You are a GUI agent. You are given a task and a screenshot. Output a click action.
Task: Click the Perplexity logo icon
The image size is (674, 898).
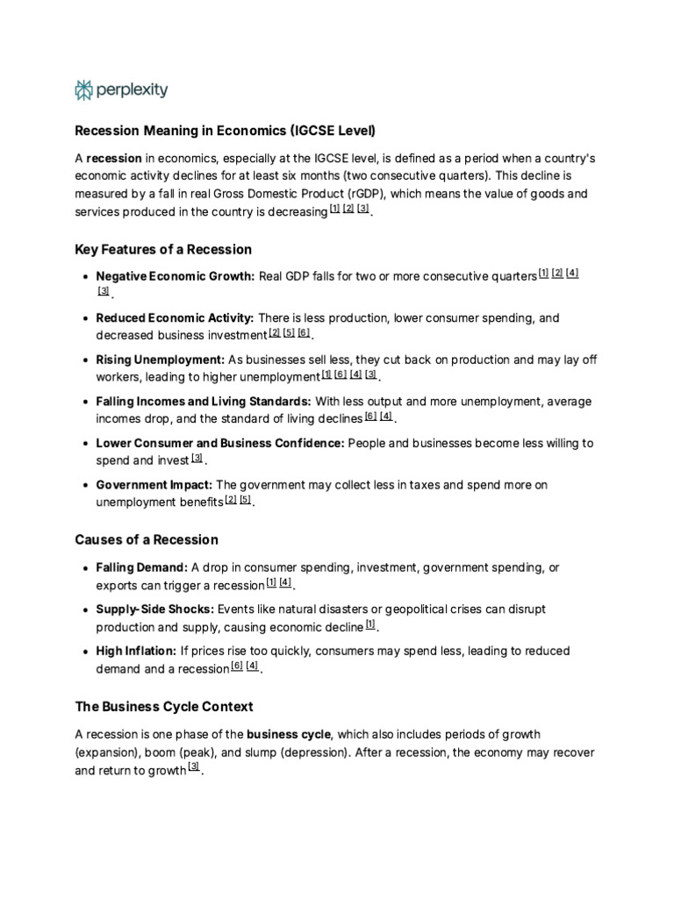click(84, 89)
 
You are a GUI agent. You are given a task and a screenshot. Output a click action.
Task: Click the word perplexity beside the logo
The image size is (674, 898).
click(132, 89)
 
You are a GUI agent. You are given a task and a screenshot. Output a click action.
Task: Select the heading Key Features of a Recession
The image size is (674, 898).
click(163, 249)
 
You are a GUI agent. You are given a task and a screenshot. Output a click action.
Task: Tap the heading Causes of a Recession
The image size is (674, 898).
click(147, 539)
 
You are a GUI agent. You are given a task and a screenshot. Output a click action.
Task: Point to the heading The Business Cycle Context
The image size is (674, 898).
click(164, 706)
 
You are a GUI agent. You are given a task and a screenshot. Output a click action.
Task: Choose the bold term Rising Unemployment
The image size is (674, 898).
click(161, 360)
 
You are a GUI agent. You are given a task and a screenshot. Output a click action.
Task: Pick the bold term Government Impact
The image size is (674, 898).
click(154, 485)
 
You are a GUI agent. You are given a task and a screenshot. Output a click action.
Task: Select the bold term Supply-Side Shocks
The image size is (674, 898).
click(155, 609)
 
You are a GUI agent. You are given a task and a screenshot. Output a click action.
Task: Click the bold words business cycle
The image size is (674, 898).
click(289, 734)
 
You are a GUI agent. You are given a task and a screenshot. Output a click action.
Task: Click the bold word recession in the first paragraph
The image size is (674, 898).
click(114, 158)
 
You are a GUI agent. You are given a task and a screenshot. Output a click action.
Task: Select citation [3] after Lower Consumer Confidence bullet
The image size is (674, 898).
click(197, 458)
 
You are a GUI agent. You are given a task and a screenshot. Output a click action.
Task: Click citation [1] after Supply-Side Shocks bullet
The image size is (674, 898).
click(370, 624)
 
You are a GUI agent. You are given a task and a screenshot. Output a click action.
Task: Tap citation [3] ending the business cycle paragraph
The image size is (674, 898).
click(194, 768)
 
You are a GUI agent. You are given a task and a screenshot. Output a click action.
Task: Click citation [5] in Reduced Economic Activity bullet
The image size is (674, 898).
click(289, 332)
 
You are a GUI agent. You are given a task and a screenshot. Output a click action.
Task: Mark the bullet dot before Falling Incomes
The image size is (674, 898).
click(84, 402)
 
